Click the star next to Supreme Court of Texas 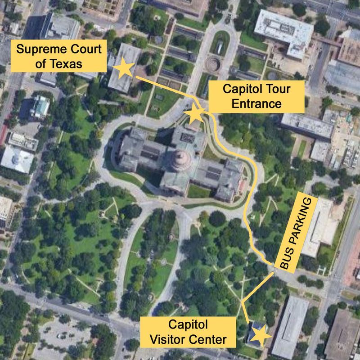coord(125,68)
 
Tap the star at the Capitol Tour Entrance coord(196,114)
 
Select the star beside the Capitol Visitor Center coord(261,336)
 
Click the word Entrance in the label coord(256,104)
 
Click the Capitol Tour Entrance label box coord(256,96)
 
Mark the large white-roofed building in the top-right coord(283,34)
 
